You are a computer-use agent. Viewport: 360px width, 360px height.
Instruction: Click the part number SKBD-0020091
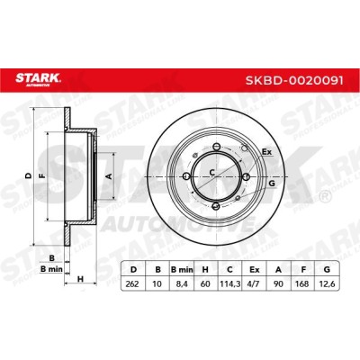(294, 80)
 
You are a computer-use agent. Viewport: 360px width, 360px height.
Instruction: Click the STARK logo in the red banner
(38, 79)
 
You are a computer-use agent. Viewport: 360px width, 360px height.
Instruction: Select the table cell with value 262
(132, 283)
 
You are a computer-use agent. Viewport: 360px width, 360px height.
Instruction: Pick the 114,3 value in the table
(229, 283)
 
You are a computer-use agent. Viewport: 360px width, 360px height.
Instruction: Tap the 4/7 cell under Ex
(254, 283)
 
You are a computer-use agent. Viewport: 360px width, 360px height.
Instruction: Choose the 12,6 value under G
(327, 283)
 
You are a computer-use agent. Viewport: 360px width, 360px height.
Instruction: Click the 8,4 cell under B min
(182, 283)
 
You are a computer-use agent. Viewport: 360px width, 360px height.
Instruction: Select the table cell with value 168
(303, 283)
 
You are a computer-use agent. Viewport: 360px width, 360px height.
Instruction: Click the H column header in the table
(205, 269)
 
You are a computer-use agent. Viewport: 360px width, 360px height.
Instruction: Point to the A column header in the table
(279, 269)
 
